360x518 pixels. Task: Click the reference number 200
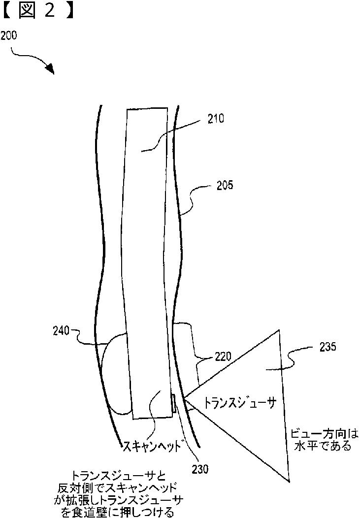point(9,35)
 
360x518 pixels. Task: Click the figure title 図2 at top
point(37,11)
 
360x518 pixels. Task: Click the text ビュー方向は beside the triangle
point(323,433)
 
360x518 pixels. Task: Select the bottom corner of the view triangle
point(287,480)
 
